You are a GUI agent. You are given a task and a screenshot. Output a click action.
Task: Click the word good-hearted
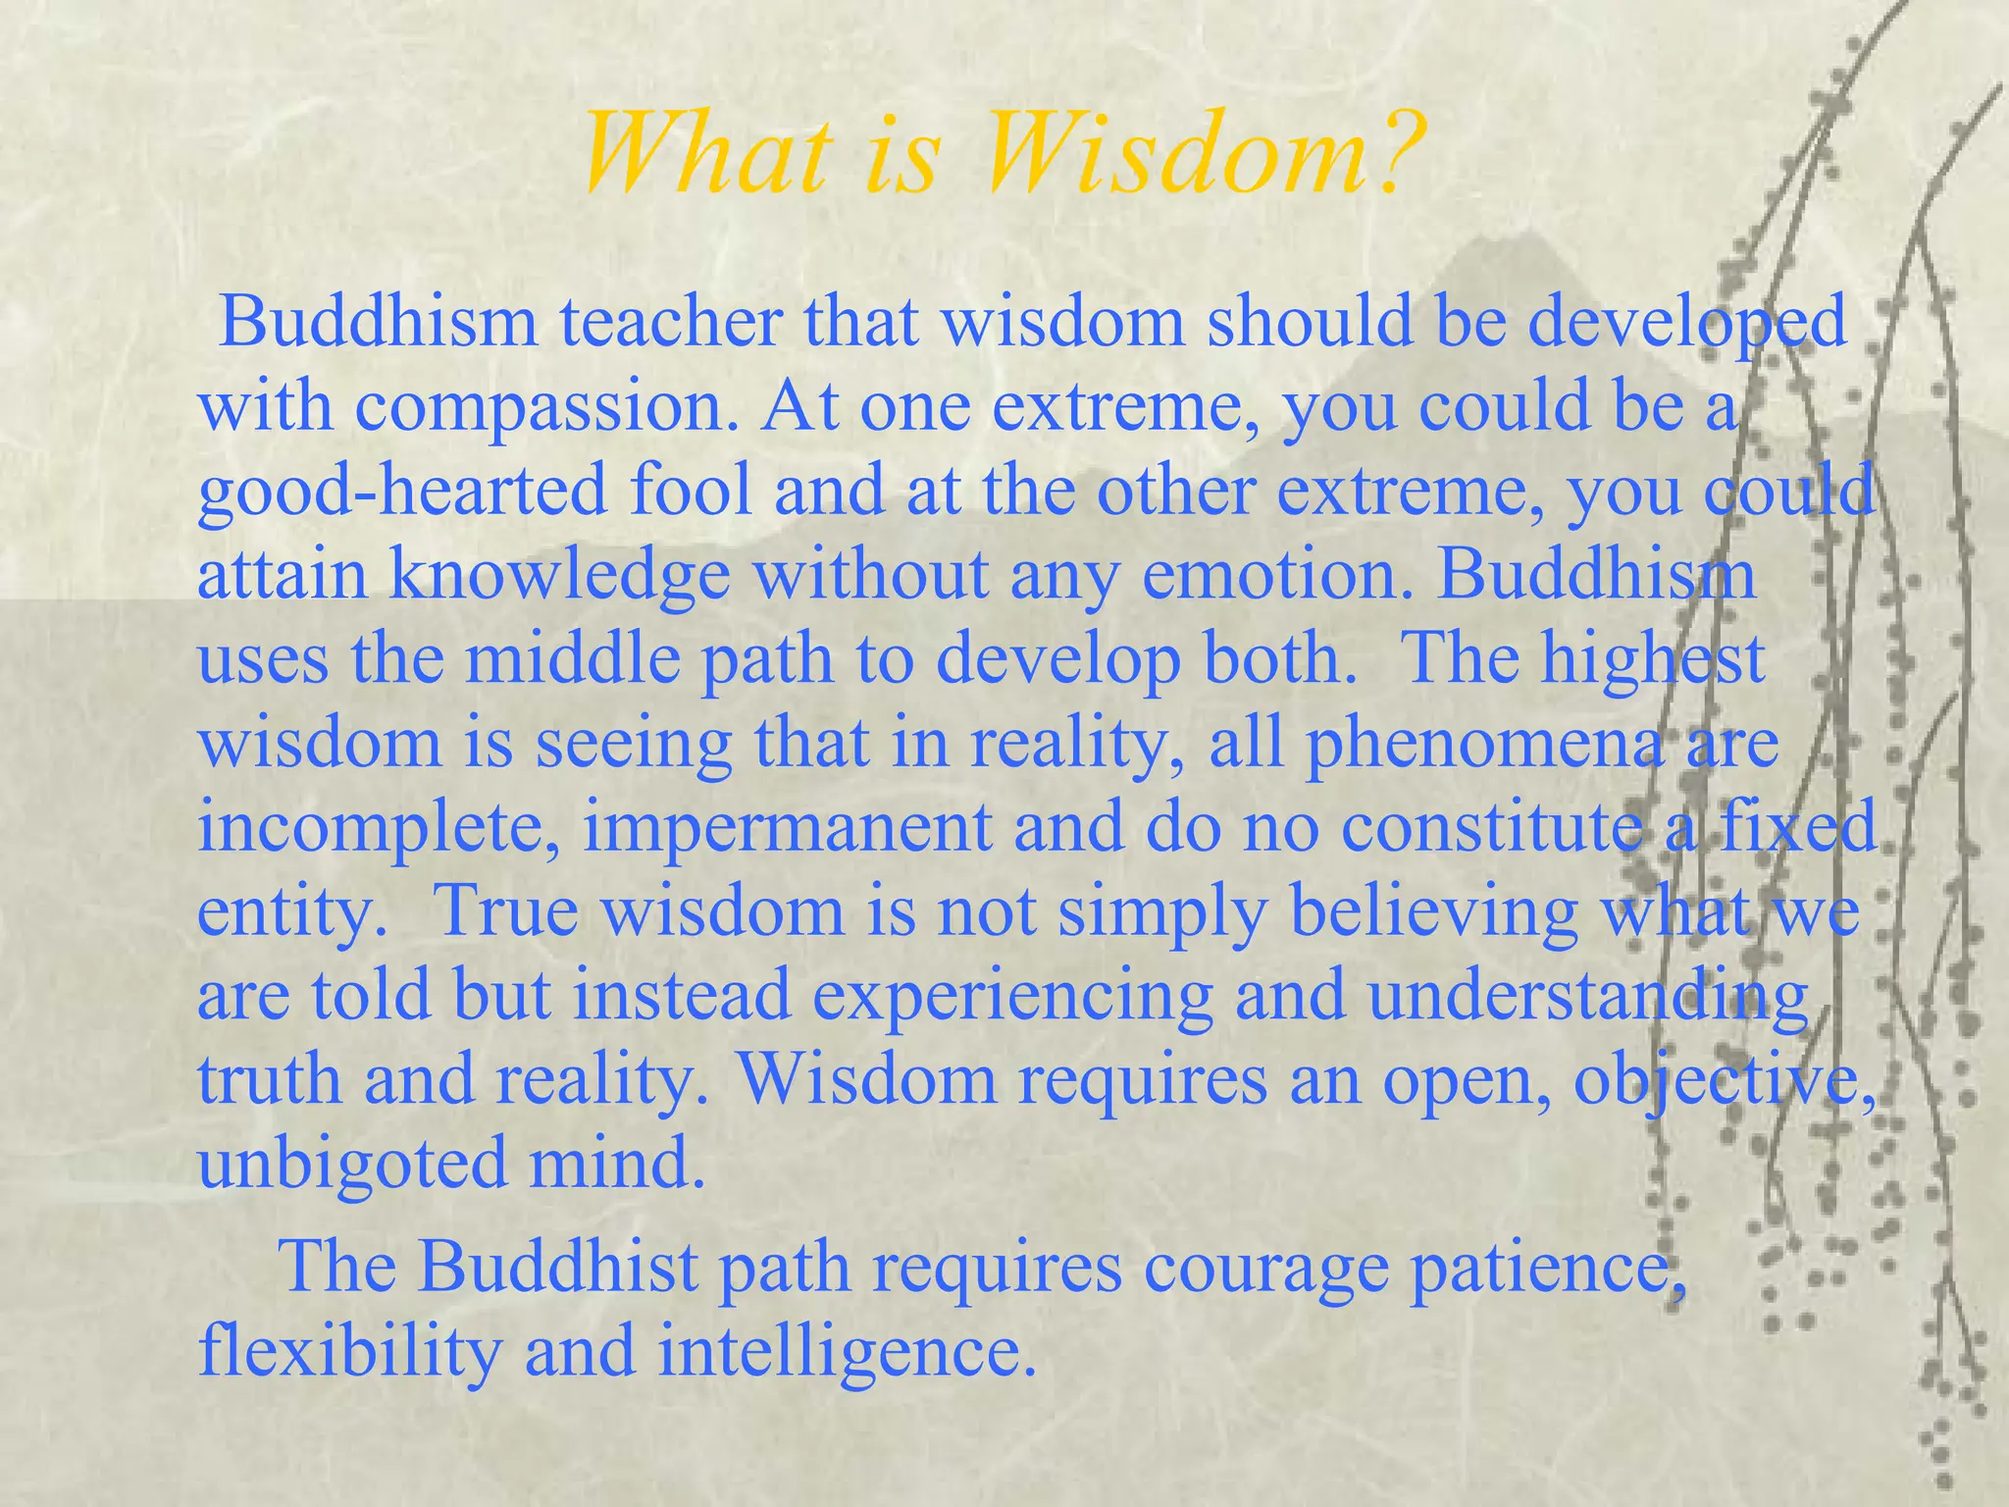pos(402,491)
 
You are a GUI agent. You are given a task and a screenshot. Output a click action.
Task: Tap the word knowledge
pos(560,575)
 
